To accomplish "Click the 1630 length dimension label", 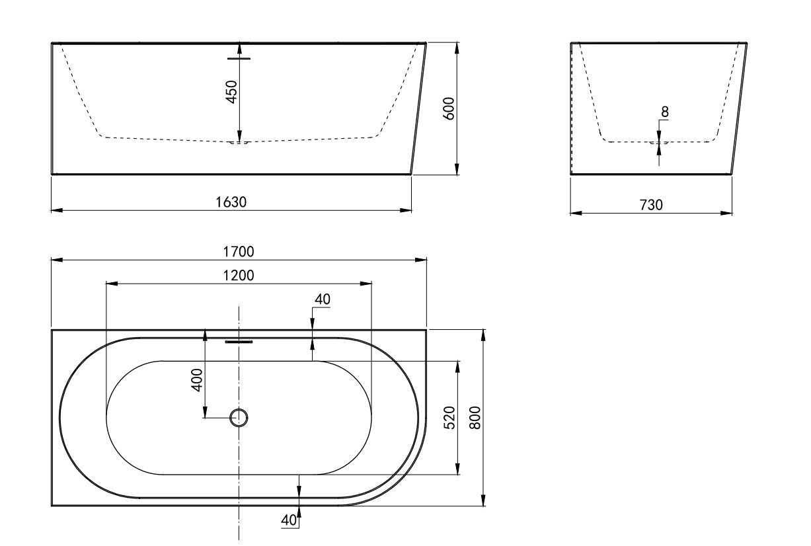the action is pos(231,202).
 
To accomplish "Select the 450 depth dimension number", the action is pos(231,92).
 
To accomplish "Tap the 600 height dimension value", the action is pos(449,108).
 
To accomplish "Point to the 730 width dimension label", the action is pos(651,205).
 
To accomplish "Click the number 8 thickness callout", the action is pos(665,112).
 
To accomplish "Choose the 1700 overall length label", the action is pos(239,252).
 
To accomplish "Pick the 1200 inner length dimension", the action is pos(239,276).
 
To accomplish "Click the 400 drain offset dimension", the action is pos(196,380).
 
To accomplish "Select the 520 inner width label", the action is pos(449,418).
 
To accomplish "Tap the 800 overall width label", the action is pos(475,418).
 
